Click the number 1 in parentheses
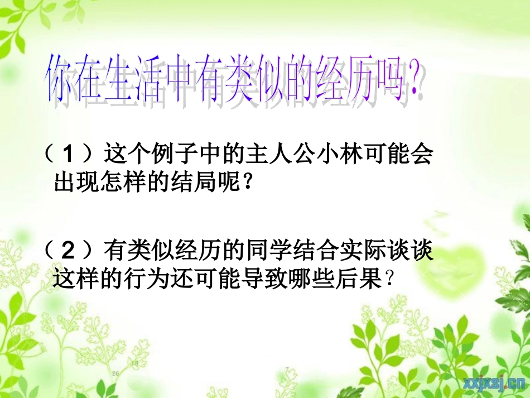point(69,154)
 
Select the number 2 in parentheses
point(69,251)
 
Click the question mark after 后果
point(390,279)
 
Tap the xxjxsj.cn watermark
point(492,382)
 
